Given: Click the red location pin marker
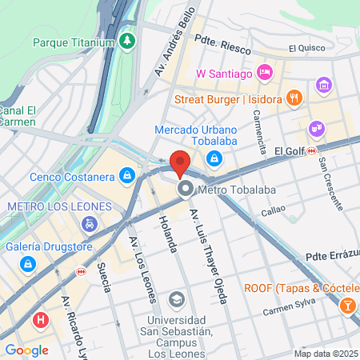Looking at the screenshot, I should pyautogui.click(x=180, y=162).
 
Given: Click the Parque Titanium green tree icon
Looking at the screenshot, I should pyautogui.click(x=126, y=40).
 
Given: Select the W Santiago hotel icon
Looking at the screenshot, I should pyautogui.click(x=266, y=74).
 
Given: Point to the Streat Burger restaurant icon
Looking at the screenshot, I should pyautogui.click(x=295, y=99).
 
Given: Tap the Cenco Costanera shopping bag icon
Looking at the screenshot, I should pyautogui.click(x=126, y=175).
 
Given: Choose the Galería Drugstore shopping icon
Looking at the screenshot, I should pyautogui.click(x=28, y=262).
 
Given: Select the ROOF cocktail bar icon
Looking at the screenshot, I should pyautogui.click(x=349, y=305).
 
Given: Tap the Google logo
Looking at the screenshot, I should pyautogui.click(x=26, y=350).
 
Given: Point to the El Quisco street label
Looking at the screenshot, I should pyautogui.click(x=307, y=48).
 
